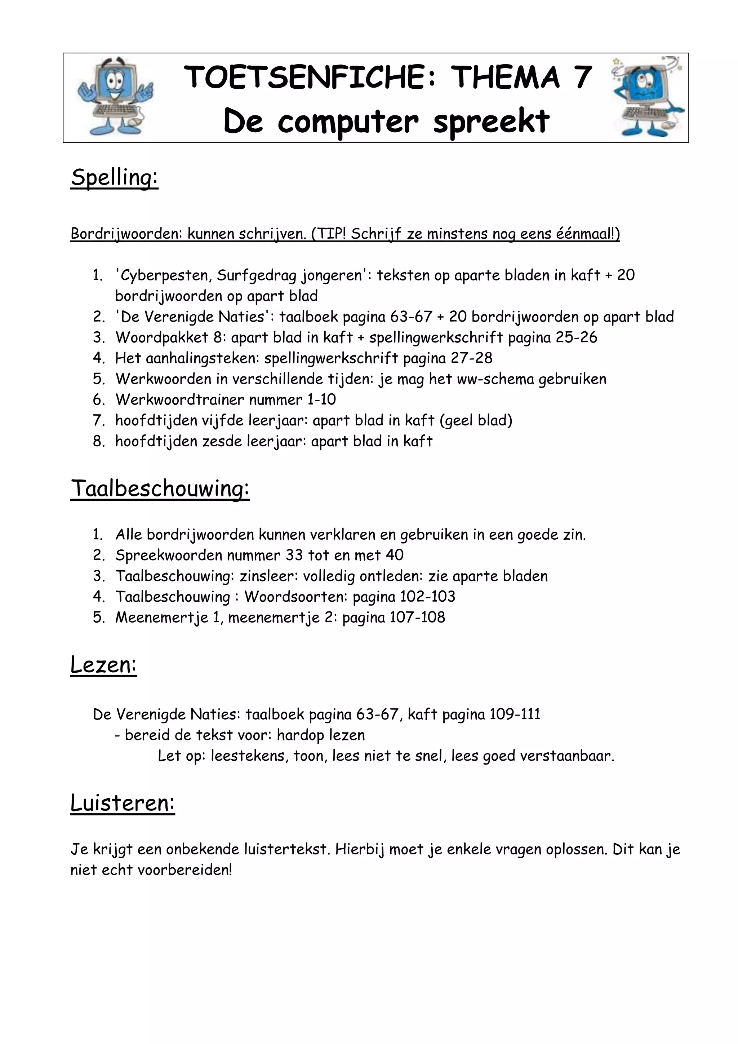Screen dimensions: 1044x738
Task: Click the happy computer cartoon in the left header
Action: click(x=115, y=97)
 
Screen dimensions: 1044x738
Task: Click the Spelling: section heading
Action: click(x=115, y=177)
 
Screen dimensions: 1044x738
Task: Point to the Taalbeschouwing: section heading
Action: click(x=160, y=489)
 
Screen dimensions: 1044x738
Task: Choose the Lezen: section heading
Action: click(x=104, y=665)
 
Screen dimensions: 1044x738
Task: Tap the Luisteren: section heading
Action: click(x=123, y=803)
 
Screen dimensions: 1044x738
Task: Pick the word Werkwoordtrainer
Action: click(x=179, y=400)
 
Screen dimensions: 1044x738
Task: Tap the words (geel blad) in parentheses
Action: click(x=476, y=421)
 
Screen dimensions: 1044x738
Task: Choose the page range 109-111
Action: click(x=515, y=715)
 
